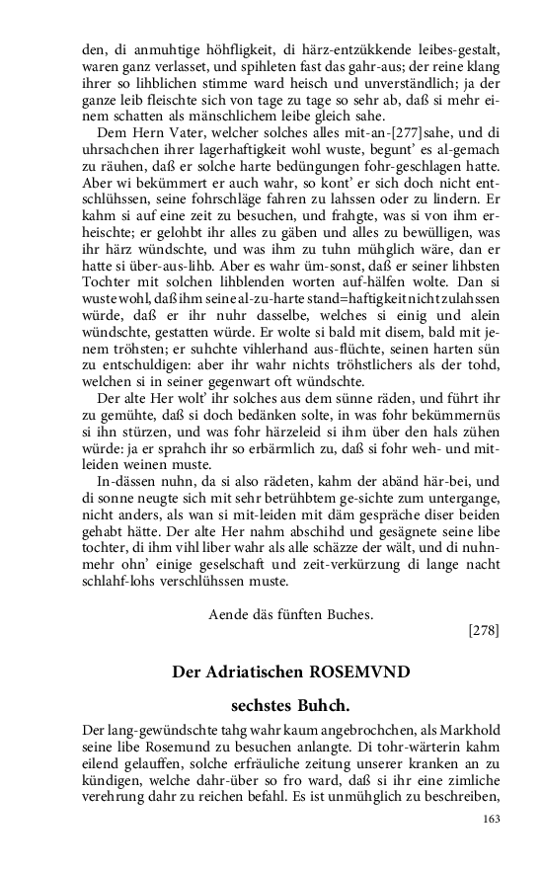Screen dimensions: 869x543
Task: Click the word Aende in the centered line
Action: (x=228, y=613)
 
